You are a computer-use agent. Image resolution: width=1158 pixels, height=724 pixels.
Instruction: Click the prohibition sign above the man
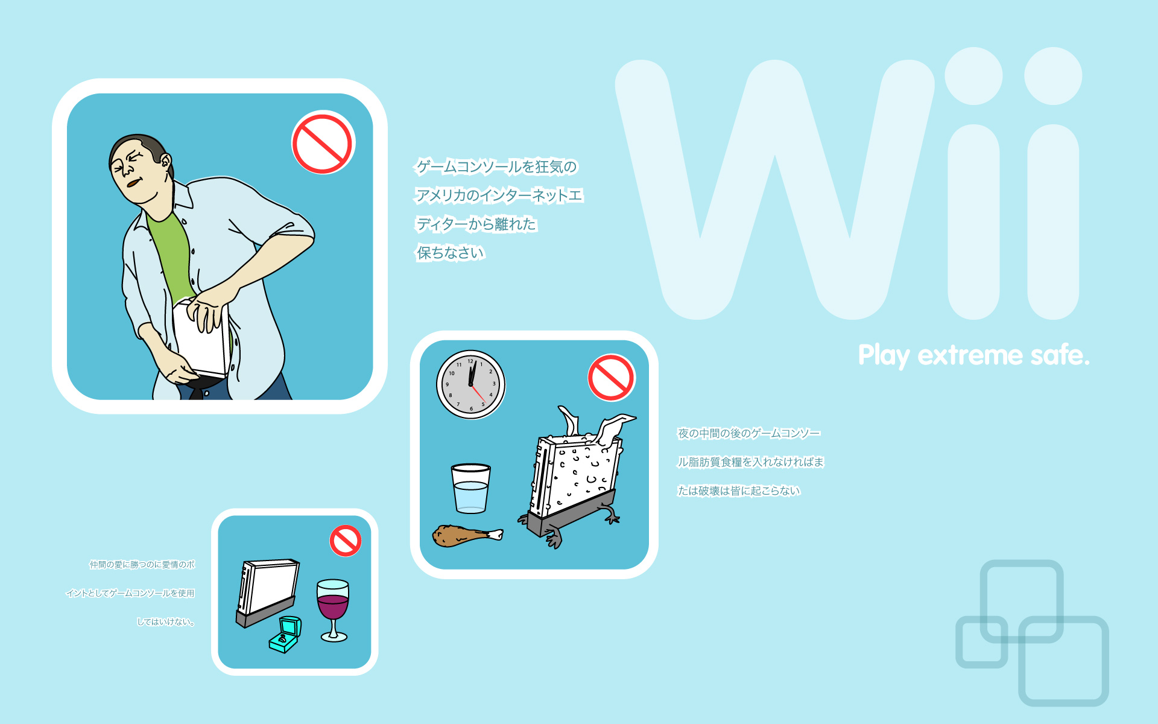[x=323, y=143]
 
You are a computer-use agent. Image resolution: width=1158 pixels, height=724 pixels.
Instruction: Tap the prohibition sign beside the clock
[x=611, y=378]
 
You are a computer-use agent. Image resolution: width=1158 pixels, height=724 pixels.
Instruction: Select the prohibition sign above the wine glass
[x=346, y=541]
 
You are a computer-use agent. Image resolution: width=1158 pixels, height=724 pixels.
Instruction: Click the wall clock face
[x=470, y=384]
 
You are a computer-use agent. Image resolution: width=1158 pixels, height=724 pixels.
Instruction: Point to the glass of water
[x=470, y=489]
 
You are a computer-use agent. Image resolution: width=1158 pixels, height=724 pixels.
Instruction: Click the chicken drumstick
[x=464, y=535]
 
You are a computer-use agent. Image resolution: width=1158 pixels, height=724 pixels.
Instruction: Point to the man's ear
[x=165, y=162]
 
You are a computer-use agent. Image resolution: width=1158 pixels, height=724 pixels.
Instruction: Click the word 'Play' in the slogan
[x=884, y=356]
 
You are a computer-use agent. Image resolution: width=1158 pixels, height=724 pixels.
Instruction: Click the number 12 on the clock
[x=470, y=361]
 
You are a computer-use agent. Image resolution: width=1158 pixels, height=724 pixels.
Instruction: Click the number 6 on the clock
[x=471, y=408]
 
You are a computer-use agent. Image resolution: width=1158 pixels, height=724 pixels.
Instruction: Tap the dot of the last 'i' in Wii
[x=1053, y=76]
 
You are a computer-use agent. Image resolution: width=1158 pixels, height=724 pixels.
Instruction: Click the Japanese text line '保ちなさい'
[x=451, y=253]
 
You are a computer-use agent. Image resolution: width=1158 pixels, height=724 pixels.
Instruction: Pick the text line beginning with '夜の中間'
[x=748, y=433]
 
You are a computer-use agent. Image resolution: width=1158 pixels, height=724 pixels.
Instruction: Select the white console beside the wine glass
[x=267, y=591]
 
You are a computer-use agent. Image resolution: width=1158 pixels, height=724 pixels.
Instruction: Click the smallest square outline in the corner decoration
[x=981, y=641]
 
